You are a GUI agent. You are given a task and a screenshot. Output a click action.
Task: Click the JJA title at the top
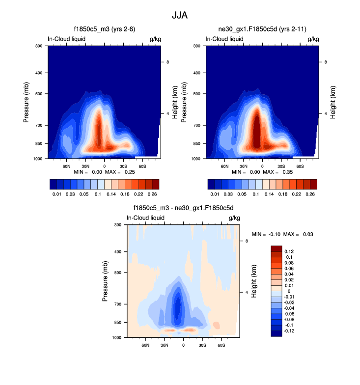[x=180, y=15]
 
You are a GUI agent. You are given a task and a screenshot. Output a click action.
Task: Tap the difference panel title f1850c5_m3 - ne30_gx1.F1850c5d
[x=183, y=208]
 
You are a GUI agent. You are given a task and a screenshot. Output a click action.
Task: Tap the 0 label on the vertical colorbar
[x=289, y=291]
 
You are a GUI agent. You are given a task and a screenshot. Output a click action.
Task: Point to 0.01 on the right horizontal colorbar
[x=215, y=194]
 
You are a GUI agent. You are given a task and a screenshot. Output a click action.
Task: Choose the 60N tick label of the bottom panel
[x=145, y=346]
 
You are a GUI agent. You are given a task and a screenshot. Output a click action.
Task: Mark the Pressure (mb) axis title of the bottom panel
[x=106, y=281]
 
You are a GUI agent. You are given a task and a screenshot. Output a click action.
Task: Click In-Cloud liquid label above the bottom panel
[x=145, y=218]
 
